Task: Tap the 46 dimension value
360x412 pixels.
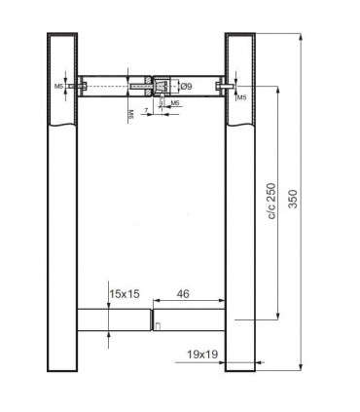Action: [183, 290]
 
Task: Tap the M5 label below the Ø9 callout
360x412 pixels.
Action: [173, 101]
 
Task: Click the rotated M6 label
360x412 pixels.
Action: [130, 115]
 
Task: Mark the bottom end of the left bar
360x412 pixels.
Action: [60, 370]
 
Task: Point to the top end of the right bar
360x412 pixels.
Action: [239, 34]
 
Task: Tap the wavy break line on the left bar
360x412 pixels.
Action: [60, 126]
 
